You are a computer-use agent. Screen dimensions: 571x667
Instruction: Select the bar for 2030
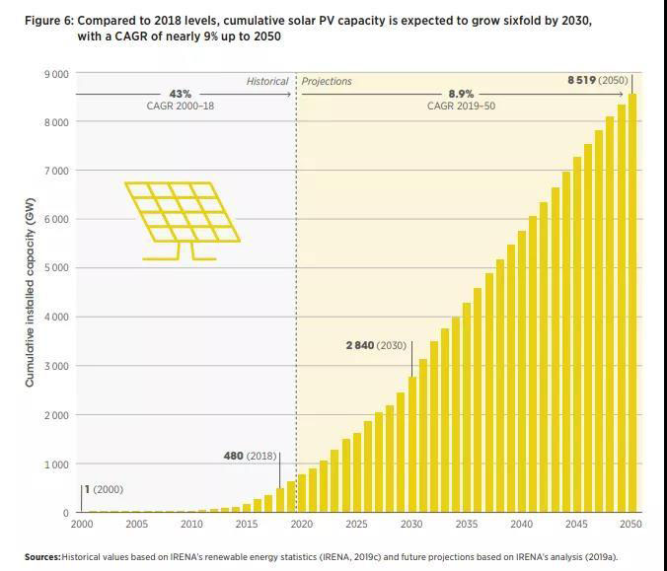(412, 444)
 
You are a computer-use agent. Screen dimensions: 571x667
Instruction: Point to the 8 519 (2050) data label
(597, 81)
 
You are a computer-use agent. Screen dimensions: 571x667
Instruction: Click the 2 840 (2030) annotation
(375, 345)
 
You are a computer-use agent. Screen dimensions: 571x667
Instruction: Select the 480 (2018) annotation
(251, 457)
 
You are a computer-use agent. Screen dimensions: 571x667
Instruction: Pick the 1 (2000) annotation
(104, 489)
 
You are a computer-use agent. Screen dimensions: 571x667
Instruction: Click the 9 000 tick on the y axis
(56, 74)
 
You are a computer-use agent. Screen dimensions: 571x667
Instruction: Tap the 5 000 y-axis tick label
(56, 268)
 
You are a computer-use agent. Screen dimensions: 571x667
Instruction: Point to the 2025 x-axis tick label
(357, 525)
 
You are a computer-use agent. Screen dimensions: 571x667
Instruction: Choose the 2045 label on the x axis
(577, 525)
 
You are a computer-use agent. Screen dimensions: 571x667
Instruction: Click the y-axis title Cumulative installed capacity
(30, 292)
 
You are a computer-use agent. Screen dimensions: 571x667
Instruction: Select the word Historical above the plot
(267, 82)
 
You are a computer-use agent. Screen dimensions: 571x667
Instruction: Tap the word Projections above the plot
(327, 82)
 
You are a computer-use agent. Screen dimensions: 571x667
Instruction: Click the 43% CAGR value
(180, 94)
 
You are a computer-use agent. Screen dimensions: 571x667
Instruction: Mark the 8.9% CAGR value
(461, 94)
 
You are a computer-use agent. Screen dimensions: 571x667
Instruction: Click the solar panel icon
(182, 219)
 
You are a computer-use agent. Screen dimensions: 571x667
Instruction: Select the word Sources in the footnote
(42, 557)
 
